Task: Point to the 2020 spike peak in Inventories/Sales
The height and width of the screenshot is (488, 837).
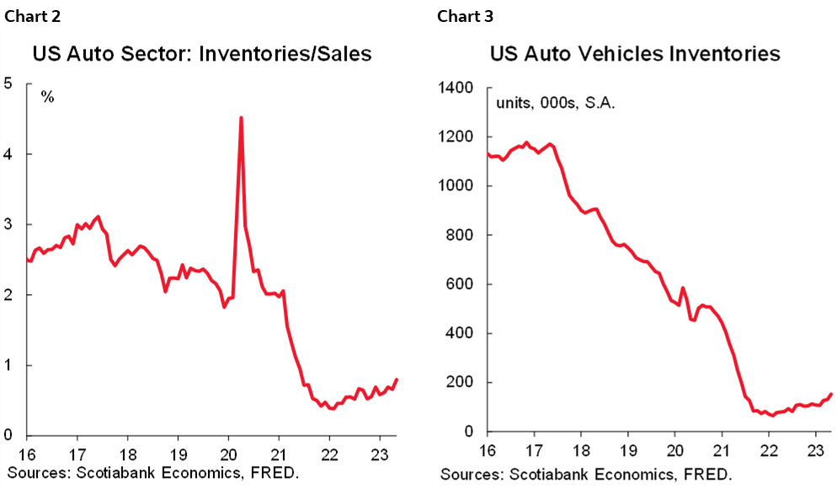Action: (x=242, y=118)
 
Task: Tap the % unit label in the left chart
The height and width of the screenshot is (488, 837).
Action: (x=48, y=97)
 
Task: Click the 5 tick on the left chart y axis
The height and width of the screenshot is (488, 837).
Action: (x=8, y=83)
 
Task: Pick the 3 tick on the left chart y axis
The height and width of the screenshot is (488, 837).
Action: (x=8, y=224)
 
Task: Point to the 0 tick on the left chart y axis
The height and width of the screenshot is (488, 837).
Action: (x=8, y=436)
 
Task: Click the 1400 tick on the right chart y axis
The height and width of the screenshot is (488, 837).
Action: (x=455, y=88)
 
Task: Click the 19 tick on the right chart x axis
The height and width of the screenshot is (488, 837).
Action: (x=627, y=448)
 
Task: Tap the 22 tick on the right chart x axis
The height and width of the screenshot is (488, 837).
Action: (x=769, y=448)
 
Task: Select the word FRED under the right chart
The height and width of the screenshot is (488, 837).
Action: (x=703, y=473)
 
